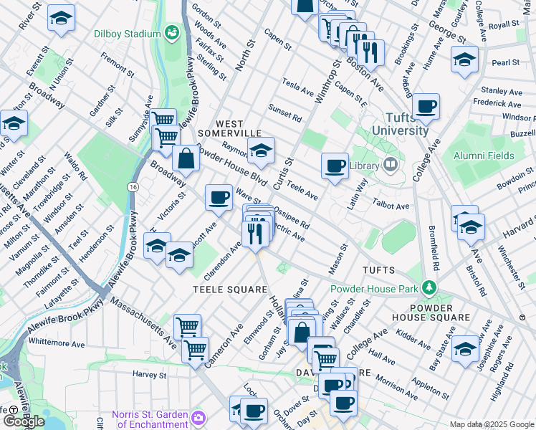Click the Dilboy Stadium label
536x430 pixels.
coord(127,33)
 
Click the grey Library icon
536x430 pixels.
coord(391,165)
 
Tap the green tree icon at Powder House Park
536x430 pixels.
coord(429,289)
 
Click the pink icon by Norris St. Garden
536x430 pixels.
coord(198,416)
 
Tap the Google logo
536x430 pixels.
coord(24,421)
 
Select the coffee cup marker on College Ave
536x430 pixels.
coord(426,107)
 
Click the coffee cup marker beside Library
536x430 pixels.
coord(335,166)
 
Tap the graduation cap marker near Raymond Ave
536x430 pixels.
coord(262,150)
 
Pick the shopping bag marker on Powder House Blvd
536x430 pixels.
coord(186,160)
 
